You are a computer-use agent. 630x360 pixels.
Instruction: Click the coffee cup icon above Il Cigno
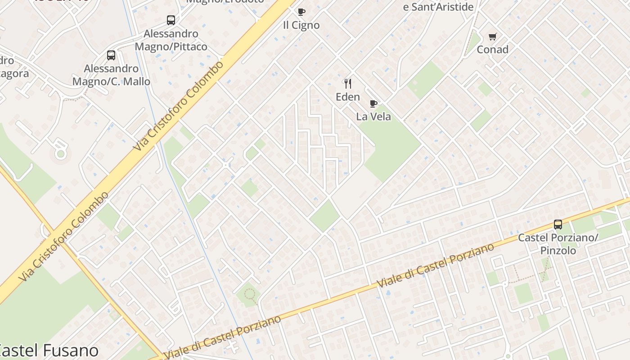[301, 12]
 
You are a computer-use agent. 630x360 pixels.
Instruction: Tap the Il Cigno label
[301, 25]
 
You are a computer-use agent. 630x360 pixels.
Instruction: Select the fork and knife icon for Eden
[347, 84]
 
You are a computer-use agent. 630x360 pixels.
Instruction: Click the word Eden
[348, 97]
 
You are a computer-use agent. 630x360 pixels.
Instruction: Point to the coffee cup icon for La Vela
[373, 104]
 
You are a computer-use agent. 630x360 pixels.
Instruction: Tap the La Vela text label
[373, 117]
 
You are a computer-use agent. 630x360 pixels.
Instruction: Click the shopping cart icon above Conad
[493, 36]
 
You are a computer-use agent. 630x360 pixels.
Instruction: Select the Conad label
[493, 49]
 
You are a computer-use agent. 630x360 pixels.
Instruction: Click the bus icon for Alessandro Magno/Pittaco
[171, 20]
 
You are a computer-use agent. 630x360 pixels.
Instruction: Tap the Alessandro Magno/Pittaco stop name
[171, 40]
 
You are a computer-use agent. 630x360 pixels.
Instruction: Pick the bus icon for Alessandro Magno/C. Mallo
[111, 55]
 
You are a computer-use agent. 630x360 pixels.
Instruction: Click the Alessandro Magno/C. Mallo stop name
[111, 75]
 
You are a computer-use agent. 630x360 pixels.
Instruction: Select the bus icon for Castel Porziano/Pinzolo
[558, 224]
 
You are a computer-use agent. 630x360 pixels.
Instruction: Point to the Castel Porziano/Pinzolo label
[558, 244]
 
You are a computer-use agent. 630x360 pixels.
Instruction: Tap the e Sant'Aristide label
[438, 7]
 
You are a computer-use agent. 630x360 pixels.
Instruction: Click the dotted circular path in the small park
[249, 295]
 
